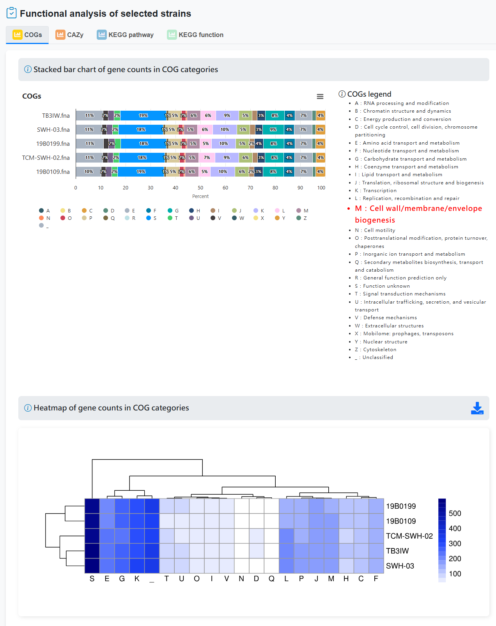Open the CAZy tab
click(x=70, y=35)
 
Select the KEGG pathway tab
click(x=125, y=35)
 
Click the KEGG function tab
click(x=195, y=35)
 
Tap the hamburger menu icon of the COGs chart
click(x=320, y=97)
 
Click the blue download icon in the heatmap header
click(x=477, y=408)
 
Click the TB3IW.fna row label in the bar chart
click(x=56, y=116)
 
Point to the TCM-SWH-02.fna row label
click(x=46, y=158)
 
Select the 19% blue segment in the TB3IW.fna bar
click(x=143, y=116)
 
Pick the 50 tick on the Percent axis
click(x=200, y=188)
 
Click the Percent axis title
click(x=200, y=196)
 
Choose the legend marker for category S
click(x=149, y=218)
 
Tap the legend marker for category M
click(x=299, y=211)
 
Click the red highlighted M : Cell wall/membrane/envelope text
click(x=418, y=209)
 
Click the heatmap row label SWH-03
click(x=400, y=566)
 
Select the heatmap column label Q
click(x=271, y=579)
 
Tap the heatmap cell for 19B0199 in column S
click(x=92, y=506)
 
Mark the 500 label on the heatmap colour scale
click(x=455, y=513)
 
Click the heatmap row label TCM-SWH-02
click(x=409, y=536)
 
